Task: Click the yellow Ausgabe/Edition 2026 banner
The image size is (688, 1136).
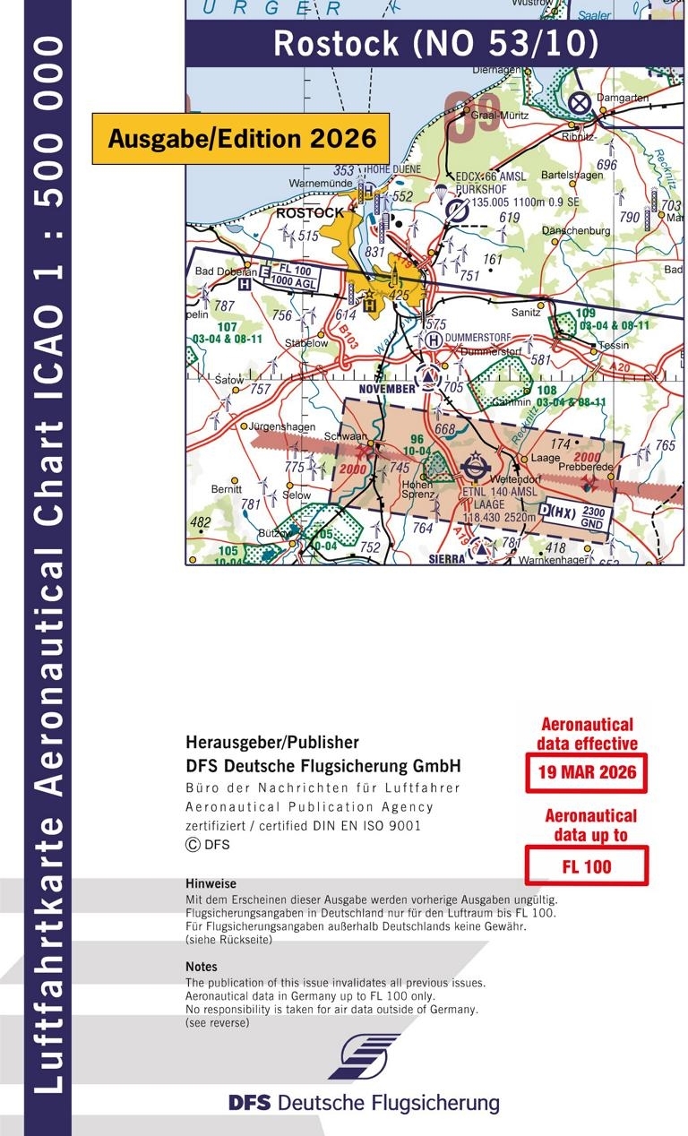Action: tap(241, 139)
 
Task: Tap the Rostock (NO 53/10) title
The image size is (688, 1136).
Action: tap(435, 43)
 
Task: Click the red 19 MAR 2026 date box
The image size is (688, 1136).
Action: tap(586, 772)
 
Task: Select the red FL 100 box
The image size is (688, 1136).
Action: tap(586, 865)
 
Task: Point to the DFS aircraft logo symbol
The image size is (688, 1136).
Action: tap(364, 1057)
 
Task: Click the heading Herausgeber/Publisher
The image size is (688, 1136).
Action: tap(271, 743)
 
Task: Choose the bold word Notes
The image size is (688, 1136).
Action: tap(201, 967)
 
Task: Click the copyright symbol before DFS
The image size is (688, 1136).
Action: tap(192, 845)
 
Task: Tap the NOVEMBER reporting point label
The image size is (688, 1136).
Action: tap(386, 389)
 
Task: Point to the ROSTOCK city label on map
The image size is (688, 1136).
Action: tap(310, 213)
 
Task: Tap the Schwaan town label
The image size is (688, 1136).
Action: tap(350, 435)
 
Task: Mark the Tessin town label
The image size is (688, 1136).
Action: tap(614, 345)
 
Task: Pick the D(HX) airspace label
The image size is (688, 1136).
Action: tap(558, 512)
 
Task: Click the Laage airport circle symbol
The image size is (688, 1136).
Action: tap(474, 468)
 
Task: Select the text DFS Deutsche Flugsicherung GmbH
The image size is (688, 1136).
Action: tap(322, 766)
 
